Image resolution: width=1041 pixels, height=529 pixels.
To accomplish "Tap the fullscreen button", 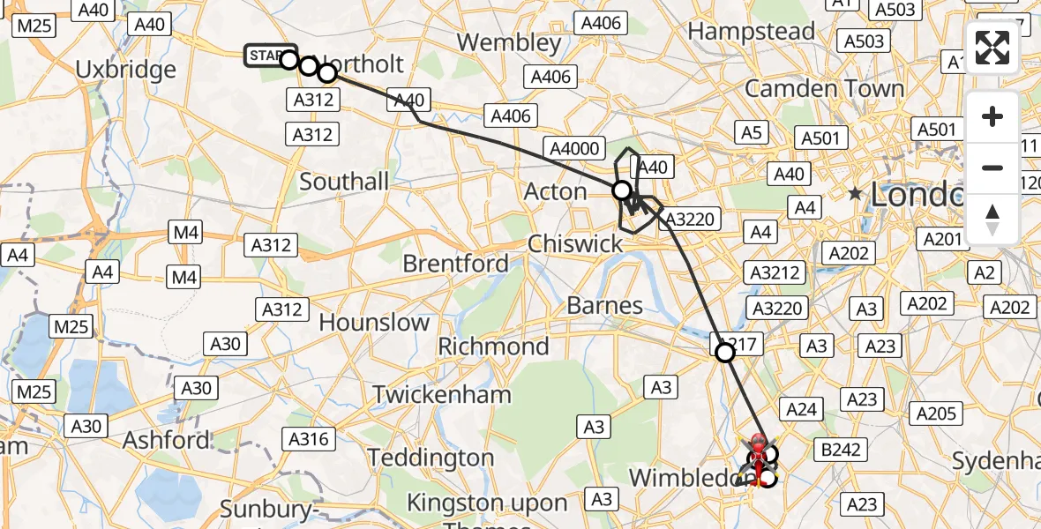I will [x=992, y=48].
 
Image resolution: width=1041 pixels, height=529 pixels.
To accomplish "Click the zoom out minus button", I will [x=992, y=168].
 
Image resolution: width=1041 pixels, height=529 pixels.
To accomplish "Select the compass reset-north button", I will [x=992, y=219].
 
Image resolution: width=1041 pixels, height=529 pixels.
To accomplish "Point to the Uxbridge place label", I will [x=126, y=70].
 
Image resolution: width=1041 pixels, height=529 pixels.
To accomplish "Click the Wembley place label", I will [x=509, y=42].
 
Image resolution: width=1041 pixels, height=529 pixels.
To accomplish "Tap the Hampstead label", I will [x=752, y=32].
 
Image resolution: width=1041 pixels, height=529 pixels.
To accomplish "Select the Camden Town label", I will [x=824, y=89].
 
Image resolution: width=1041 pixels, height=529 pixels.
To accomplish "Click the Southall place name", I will [x=344, y=183].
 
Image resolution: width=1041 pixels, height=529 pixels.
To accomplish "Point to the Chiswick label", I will [x=575, y=244].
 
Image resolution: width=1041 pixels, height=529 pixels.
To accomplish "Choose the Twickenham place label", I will [x=441, y=394].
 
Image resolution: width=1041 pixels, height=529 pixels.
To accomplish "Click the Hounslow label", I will [x=374, y=323].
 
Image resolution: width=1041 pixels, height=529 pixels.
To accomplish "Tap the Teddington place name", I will [x=431, y=458].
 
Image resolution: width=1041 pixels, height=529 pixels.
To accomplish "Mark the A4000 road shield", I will [x=573, y=148].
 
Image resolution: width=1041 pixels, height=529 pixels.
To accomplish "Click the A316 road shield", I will [x=309, y=439].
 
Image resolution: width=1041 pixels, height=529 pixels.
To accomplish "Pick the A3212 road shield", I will [x=775, y=272].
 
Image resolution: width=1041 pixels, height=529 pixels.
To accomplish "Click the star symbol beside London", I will [x=855, y=193].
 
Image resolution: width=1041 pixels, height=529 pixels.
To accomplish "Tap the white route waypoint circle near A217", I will [x=724, y=353].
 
